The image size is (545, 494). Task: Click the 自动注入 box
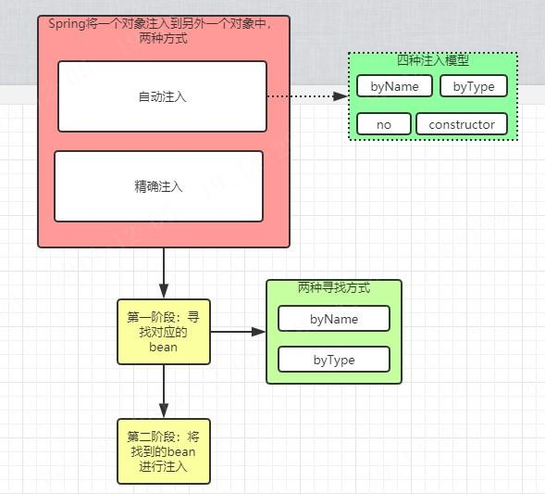(x=162, y=96)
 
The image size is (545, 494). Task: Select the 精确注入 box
(x=158, y=186)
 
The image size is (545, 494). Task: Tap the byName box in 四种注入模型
(x=394, y=86)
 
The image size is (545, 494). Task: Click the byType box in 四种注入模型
(x=474, y=86)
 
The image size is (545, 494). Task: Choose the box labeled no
(x=383, y=124)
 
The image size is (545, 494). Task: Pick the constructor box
(x=462, y=124)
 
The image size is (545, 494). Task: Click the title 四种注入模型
(x=432, y=61)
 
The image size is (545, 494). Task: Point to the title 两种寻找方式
(x=334, y=287)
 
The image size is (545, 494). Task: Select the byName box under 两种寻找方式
(x=334, y=319)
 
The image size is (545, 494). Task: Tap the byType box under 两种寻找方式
(x=334, y=360)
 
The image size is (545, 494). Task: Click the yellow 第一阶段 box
(x=163, y=331)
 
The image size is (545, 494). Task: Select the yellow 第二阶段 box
(x=163, y=450)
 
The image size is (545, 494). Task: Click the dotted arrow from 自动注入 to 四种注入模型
(x=305, y=95)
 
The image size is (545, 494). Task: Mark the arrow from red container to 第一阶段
(x=163, y=272)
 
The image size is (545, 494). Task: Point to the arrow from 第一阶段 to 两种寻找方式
(x=237, y=331)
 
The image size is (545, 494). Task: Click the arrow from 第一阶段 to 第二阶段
(x=163, y=390)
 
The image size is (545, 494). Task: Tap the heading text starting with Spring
(x=159, y=25)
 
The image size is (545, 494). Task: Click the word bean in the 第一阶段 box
(x=163, y=347)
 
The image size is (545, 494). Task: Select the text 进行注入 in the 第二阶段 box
(x=163, y=466)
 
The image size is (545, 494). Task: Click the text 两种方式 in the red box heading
(x=163, y=40)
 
